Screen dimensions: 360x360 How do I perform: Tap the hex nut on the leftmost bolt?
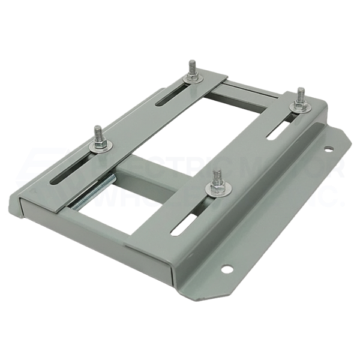pos(99,142)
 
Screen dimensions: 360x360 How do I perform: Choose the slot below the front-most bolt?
pos(184,224)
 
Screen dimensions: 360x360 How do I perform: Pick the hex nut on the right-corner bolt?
pos(299,106)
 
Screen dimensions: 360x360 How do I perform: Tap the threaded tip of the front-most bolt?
pos(217,175)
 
